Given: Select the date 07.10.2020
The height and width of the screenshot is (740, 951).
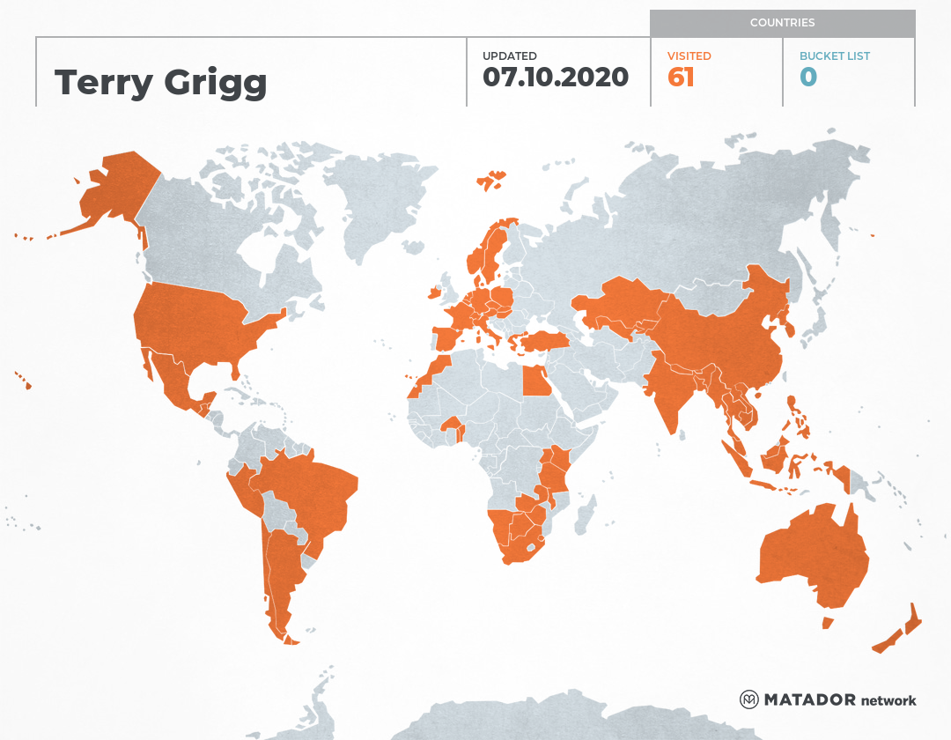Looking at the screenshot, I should pos(556,78).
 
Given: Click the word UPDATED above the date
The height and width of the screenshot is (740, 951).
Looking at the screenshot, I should pos(509,56).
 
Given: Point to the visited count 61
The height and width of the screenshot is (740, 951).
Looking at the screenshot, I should pos(681,78).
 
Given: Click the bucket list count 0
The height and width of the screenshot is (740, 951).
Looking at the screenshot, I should pos(808,78).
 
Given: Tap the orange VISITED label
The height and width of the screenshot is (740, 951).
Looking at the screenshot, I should pos(689,56).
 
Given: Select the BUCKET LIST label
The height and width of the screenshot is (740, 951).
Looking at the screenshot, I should pos(835,56).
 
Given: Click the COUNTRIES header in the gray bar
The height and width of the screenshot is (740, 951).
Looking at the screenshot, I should pos(782,23).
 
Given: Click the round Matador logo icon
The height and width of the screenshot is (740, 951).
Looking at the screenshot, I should pos(749,700).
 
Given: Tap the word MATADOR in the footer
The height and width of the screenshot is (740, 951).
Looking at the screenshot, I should pos(810,700).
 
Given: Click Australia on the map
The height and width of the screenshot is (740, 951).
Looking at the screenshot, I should pos(810,555).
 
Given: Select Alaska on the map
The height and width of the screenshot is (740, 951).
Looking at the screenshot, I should pos(114,189).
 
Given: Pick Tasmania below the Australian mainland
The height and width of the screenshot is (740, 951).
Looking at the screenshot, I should pos(828,623).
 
